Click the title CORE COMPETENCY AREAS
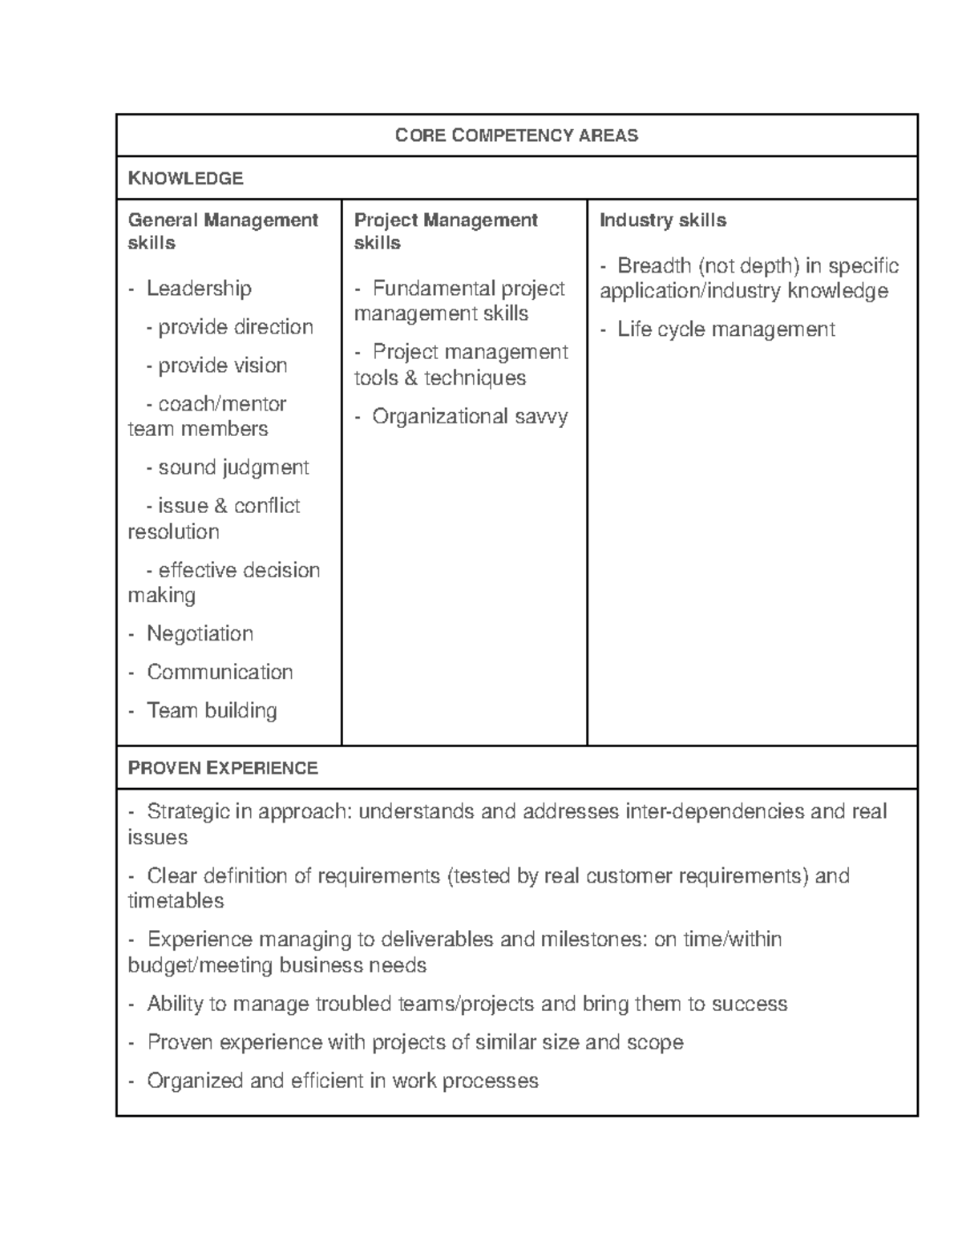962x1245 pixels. (x=516, y=135)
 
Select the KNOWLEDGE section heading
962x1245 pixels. (x=185, y=178)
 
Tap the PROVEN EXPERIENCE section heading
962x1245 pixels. (x=223, y=768)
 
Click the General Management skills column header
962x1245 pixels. (x=223, y=231)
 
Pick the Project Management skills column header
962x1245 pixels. (x=446, y=231)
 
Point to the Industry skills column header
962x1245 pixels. (x=662, y=220)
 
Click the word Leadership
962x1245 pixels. (x=199, y=289)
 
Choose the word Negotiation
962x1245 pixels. (x=200, y=634)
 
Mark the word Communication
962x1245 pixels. (x=220, y=672)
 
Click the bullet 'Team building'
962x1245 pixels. (x=212, y=710)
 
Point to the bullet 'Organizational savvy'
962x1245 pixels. (x=469, y=416)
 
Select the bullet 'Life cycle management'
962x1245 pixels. (x=726, y=329)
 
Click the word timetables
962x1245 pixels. (x=176, y=901)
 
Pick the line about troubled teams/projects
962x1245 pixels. (x=467, y=1004)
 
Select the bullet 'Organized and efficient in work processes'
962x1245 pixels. (x=342, y=1081)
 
